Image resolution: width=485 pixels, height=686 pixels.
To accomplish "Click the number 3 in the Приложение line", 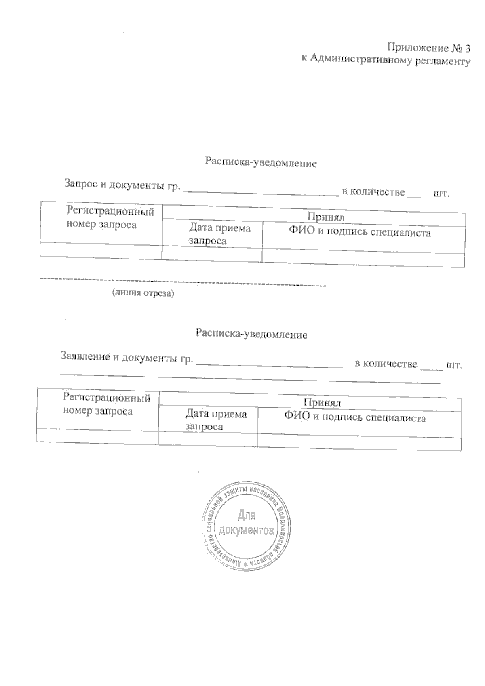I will [x=467, y=48].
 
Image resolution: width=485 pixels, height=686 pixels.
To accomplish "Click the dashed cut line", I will [x=182, y=282].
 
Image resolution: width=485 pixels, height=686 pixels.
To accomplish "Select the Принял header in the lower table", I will [x=322, y=402].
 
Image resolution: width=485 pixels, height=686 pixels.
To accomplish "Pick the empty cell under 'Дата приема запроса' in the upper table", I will [x=212, y=254].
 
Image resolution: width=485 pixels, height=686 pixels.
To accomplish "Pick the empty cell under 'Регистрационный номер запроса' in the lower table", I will [x=97, y=436].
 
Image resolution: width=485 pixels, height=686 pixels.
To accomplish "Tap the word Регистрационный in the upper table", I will [x=110, y=211].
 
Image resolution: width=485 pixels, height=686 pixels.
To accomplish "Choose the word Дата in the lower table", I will [x=198, y=414].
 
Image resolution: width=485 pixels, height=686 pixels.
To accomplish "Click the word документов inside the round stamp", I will [x=246, y=530].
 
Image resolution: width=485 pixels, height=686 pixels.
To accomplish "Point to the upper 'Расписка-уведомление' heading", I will [x=261, y=163].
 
